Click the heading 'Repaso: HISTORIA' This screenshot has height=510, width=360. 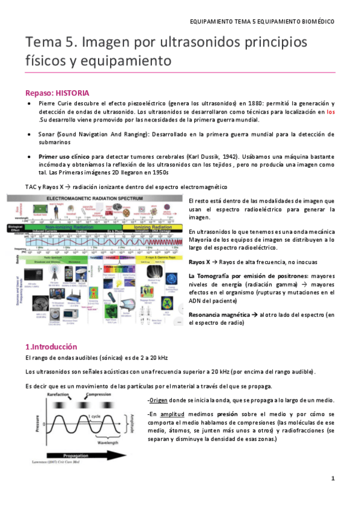[57, 93]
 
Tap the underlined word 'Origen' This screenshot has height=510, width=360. [159, 401]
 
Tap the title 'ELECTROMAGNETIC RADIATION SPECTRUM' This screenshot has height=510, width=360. [99, 197]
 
